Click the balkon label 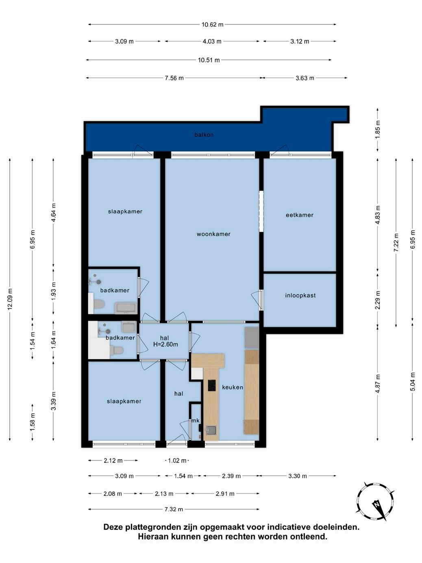coord(204,135)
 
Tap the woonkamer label coord(213,234)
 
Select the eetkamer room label coord(300,215)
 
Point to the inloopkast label coord(300,295)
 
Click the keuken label coord(233,387)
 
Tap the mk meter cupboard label coord(196,421)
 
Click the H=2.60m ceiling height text coord(165,345)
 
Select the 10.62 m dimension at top coord(212,25)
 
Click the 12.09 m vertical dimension coord(10,299)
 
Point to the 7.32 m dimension coord(174,509)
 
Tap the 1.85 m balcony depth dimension coord(377,129)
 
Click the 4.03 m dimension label coord(212,41)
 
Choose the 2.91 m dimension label coord(225,494)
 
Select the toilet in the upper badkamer coord(99,305)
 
